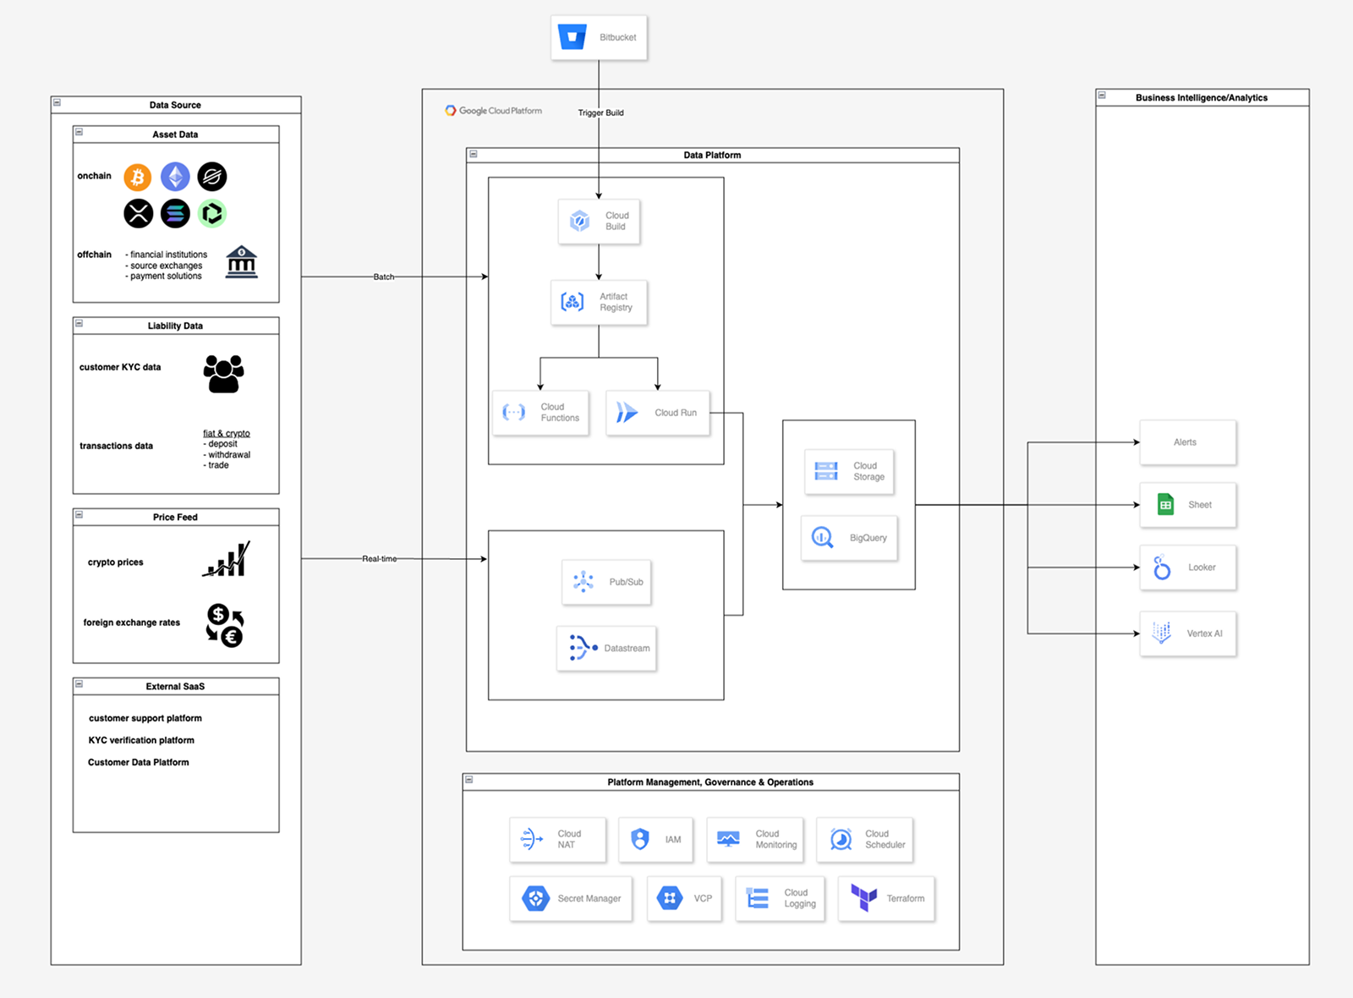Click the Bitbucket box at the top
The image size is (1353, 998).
tap(599, 37)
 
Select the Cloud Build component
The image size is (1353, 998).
tap(599, 222)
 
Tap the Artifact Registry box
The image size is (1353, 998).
tap(599, 302)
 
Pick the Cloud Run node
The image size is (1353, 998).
tap(658, 413)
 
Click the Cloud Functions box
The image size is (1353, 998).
tap(541, 413)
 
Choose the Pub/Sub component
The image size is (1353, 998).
tap(606, 582)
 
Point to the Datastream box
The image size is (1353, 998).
tap(606, 649)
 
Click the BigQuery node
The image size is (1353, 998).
tap(849, 538)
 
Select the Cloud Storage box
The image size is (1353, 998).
tap(849, 471)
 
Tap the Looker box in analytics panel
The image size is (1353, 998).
tap(1187, 568)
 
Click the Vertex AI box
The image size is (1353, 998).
tap(1187, 633)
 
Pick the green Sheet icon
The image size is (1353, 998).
tap(1165, 505)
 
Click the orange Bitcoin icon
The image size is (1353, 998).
tap(138, 177)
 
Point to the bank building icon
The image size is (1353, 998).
tap(242, 262)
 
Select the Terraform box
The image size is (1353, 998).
tap(886, 898)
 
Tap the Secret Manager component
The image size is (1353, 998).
tap(571, 898)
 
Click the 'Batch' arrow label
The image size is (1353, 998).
tap(384, 277)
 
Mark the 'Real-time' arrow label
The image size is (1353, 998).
tap(379, 559)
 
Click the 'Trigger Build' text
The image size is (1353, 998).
tap(601, 112)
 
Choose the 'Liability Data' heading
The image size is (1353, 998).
tap(175, 326)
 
